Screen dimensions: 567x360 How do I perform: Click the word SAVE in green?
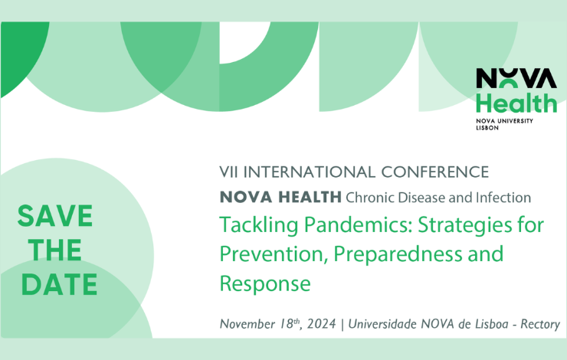click(x=55, y=216)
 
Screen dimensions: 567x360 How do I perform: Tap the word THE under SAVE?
click(x=55, y=250)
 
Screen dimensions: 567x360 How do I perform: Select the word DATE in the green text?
click(x=59, y=284)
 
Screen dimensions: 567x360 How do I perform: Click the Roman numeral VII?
click(x=228, y=172)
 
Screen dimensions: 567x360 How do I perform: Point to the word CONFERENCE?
click(x=435, y=172)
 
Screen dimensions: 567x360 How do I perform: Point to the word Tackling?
click(x=259, y=225)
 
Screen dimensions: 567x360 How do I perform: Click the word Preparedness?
click(x=398, y=254)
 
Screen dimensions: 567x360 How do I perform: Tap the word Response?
click(x=265, y=283)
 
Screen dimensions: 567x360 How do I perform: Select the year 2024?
click(x=322, y=324)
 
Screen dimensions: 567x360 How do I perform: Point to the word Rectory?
click(x=540, y=324)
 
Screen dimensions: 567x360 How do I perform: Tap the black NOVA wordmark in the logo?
click(x=516, y=78)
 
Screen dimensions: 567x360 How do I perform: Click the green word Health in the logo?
click(x=516, y=103)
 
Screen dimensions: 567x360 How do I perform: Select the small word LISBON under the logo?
click(x=487, y=128)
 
